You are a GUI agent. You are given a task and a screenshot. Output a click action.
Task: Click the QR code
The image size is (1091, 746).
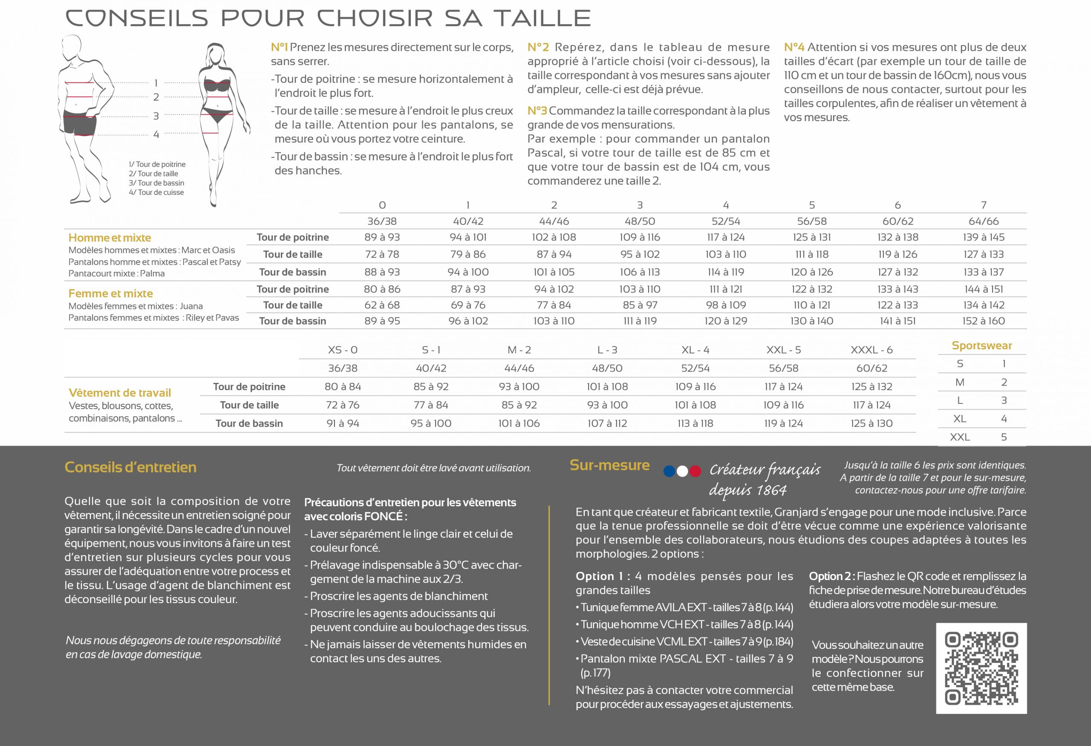(981, 668)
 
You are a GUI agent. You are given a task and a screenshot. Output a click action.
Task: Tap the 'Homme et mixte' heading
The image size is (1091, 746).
(110, 238)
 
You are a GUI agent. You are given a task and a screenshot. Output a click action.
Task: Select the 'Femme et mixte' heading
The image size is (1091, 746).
(110, 293)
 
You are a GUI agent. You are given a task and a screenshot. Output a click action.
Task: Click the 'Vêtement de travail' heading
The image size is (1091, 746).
(120, 393)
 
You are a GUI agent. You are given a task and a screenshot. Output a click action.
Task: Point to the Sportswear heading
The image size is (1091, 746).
(981, 346)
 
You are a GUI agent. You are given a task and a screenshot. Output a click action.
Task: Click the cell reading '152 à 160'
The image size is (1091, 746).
(984, 321)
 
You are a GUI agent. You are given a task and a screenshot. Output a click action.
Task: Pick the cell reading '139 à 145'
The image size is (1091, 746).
(984, 237)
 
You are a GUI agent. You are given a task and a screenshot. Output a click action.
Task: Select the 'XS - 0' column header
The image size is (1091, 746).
(343, 350)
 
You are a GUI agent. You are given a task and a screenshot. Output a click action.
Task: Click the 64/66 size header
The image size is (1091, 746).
(984, 221)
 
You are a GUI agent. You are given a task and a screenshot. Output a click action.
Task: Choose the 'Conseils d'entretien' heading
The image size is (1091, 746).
(130, 467)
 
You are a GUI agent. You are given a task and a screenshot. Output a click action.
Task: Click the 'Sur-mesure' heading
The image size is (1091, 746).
(609, 465)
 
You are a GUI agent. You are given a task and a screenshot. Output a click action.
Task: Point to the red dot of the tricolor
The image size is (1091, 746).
(695, 471)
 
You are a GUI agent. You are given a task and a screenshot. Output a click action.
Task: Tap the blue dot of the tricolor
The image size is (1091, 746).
(670, 471)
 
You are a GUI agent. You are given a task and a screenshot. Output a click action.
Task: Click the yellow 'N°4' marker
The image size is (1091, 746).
(794, 47)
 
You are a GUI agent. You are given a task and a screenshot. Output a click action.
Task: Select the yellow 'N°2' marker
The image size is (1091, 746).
(537, 47)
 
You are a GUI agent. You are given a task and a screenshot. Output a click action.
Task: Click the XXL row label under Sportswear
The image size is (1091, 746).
(960, 437)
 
